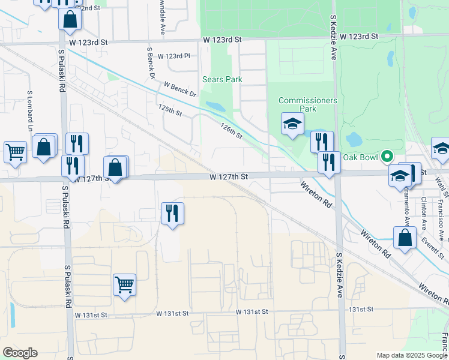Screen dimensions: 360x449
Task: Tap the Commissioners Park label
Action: (308, 104)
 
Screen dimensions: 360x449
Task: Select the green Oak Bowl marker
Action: (387, 157)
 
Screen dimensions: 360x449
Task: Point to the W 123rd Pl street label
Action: (173, 56)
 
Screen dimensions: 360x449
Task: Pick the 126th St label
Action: (231, 131)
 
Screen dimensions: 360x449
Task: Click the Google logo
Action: (20, 353)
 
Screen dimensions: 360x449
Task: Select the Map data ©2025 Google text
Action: (412, 355)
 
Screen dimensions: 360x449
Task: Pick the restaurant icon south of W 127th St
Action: (172, 212)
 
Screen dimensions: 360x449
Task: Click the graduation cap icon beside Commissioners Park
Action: (292, 124)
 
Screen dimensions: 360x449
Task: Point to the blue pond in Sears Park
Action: (215, 107)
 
